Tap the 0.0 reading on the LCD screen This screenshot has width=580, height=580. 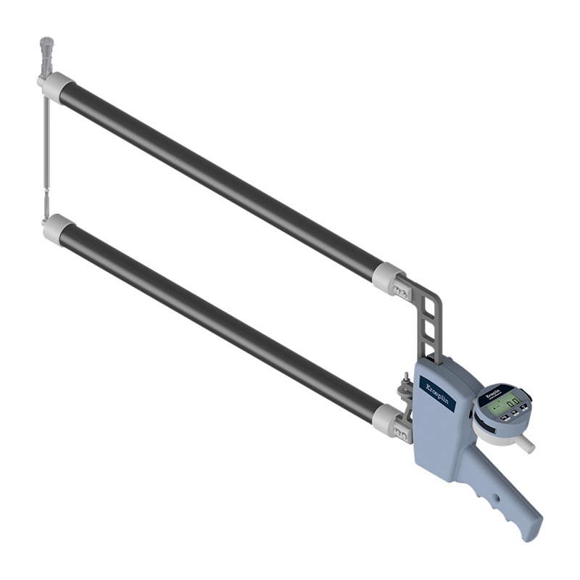pos(513,404)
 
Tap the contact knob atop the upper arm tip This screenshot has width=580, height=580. pos(47,45)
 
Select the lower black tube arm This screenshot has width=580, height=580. pos(217,323)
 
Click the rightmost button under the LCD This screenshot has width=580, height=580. pos(523,416)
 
